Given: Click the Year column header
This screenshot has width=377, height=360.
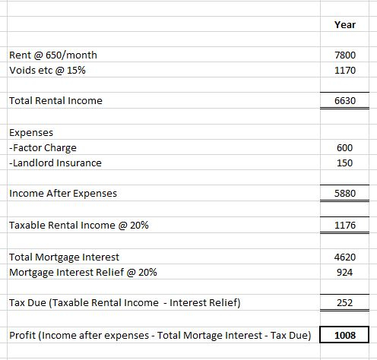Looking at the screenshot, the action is (345, 24).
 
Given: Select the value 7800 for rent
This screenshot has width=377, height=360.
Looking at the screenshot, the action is (345, 55).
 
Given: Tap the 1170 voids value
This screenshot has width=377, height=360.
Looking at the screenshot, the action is (345, 70).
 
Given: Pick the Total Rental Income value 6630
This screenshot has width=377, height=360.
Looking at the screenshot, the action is (345, 100).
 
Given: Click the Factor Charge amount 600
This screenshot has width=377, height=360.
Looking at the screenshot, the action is (344, 147).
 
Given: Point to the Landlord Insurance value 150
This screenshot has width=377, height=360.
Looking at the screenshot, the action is (344, 163).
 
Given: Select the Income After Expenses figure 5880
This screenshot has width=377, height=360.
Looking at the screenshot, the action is (345, 193).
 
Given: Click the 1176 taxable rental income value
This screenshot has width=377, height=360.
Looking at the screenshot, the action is (345, 225).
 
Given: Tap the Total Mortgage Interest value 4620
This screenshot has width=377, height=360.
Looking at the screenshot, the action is (345, 257).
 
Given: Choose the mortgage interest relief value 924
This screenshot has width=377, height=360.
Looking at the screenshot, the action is (344, 272).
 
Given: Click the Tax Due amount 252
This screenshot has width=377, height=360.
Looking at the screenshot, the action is (344, 302).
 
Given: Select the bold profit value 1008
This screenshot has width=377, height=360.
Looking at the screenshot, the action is (345, 335).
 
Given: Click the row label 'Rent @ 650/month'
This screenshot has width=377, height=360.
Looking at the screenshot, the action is (53, 55).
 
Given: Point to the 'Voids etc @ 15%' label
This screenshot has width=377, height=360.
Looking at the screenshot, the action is (47, 70).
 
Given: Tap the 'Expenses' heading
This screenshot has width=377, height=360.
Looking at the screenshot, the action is (31, 133).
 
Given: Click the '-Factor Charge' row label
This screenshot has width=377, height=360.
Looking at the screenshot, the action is (43, 148).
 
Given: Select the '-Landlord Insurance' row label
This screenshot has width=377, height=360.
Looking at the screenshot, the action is (55, 163).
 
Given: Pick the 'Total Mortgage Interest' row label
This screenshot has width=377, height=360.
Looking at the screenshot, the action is (64, 257).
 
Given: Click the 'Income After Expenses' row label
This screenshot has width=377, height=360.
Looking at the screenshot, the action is (63, 194).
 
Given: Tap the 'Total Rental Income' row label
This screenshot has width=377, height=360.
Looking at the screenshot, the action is (55, 100).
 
